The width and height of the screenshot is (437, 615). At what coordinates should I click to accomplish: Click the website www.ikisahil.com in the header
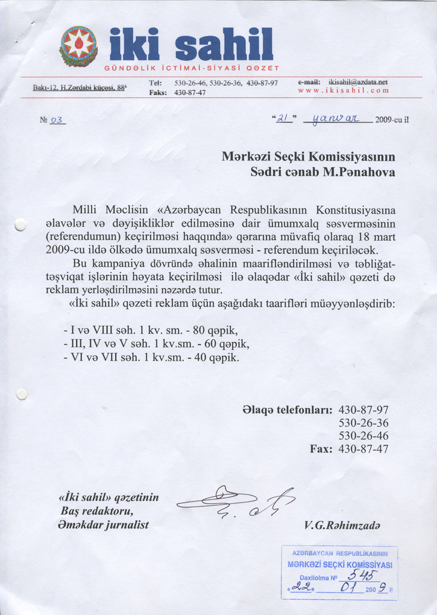tap(343, 91)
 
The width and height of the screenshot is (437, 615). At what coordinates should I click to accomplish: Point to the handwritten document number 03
tap(58, 119)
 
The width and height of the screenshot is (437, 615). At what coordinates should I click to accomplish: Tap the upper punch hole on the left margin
tap(21, 225)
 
